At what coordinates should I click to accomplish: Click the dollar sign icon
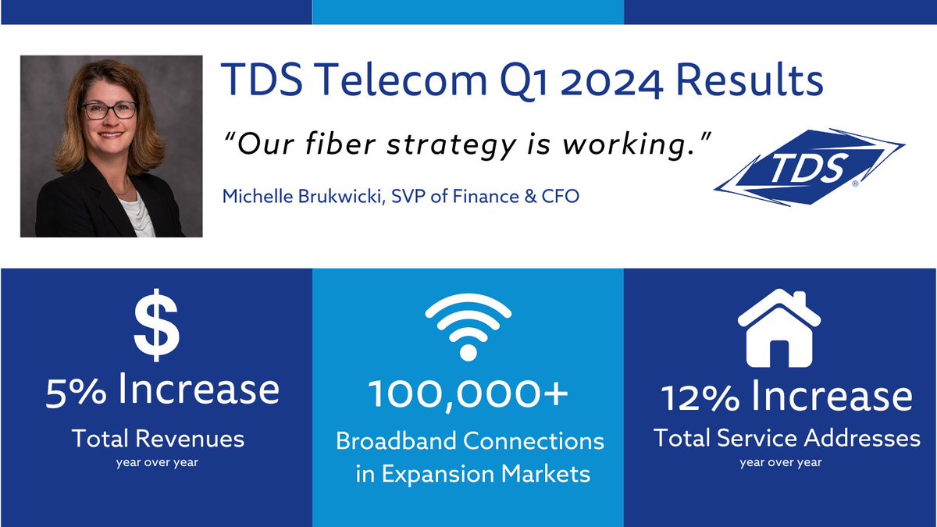click(x=156, y=326)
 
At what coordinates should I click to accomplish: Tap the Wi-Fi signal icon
click(x=468, y=326)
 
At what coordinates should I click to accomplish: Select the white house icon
click(x=779, y=329)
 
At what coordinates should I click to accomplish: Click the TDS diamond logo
click(x=808, y=166)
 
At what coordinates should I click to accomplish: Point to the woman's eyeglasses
click(x=109, y=109)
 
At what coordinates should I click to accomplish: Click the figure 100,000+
click(x=468, y=395)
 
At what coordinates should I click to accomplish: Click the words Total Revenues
click(x=158, y=439)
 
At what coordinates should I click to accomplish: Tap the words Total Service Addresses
click(x=787, y=439)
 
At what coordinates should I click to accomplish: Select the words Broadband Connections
click(x=470, y=441)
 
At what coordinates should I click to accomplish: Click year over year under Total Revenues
click(x=158, y=463)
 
